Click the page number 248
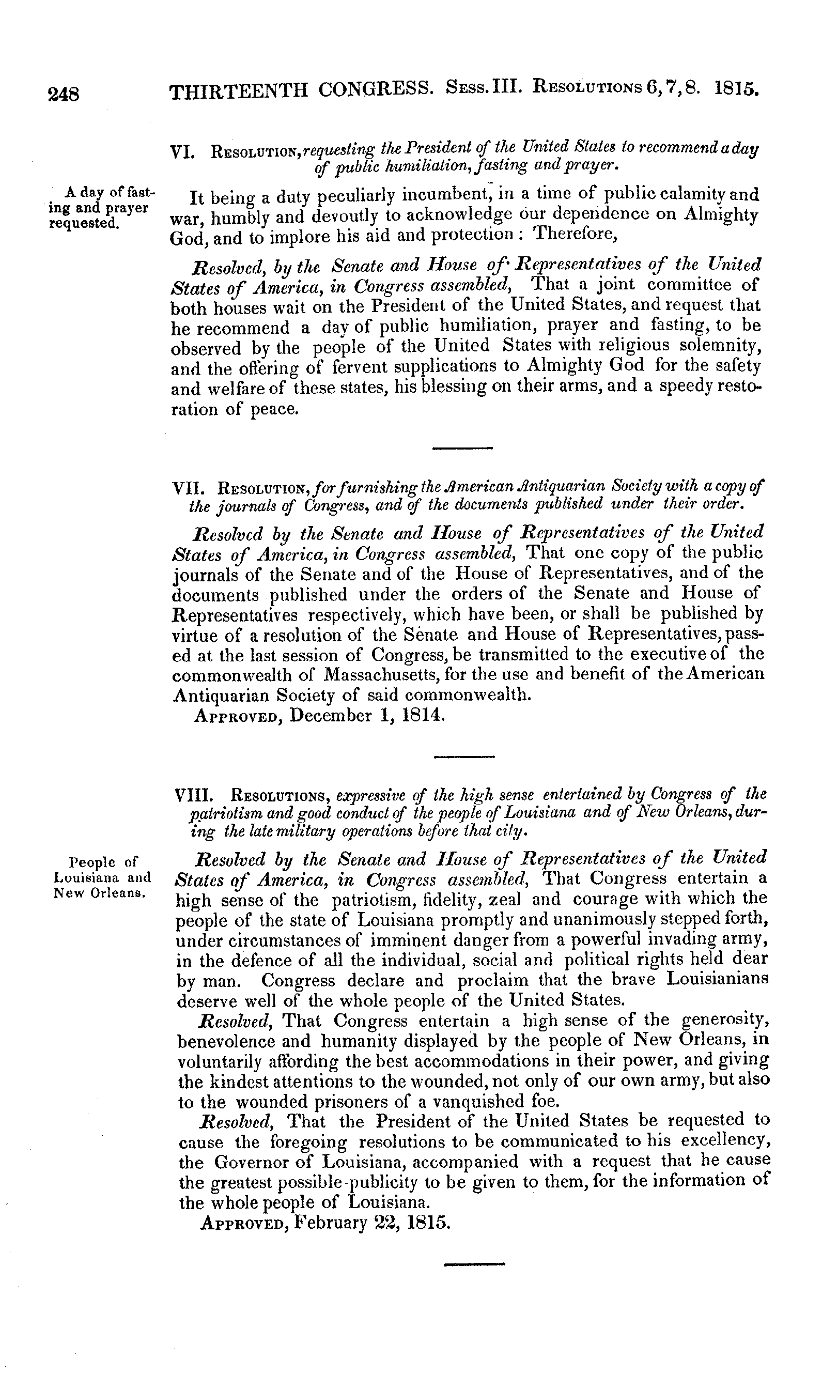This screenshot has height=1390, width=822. (64, 93)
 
